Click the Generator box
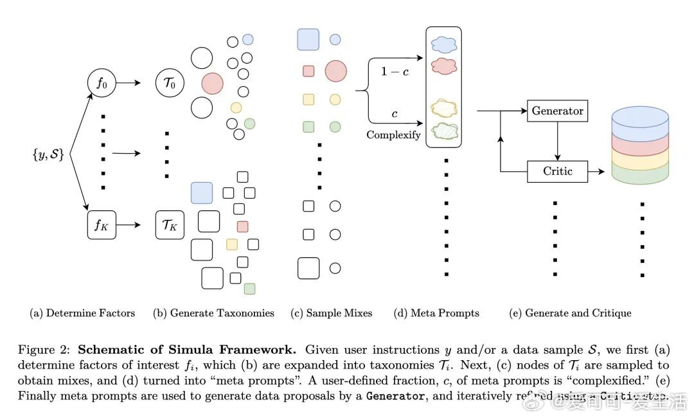coord(557,111)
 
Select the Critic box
coord(557,171)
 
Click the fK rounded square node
coord(101,225)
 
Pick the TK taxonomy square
coord(170,225)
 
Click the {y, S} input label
coord(48,154)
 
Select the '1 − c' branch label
coord(394,71)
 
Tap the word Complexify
coord(393,135)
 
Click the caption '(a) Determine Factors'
coord(82,313)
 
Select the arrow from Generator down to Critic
coord(557,140)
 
